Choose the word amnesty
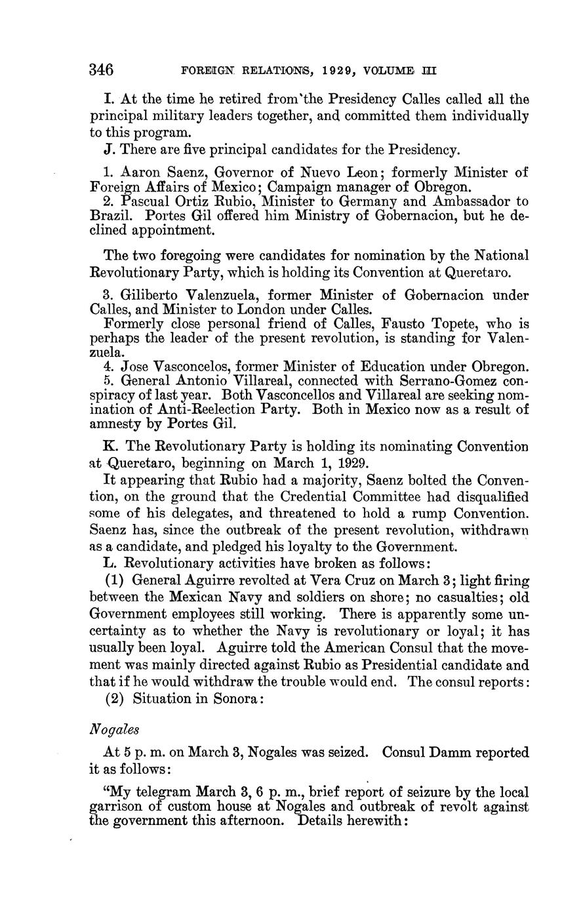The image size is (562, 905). coord(115,424)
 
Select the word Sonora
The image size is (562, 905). coord(234,698)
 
